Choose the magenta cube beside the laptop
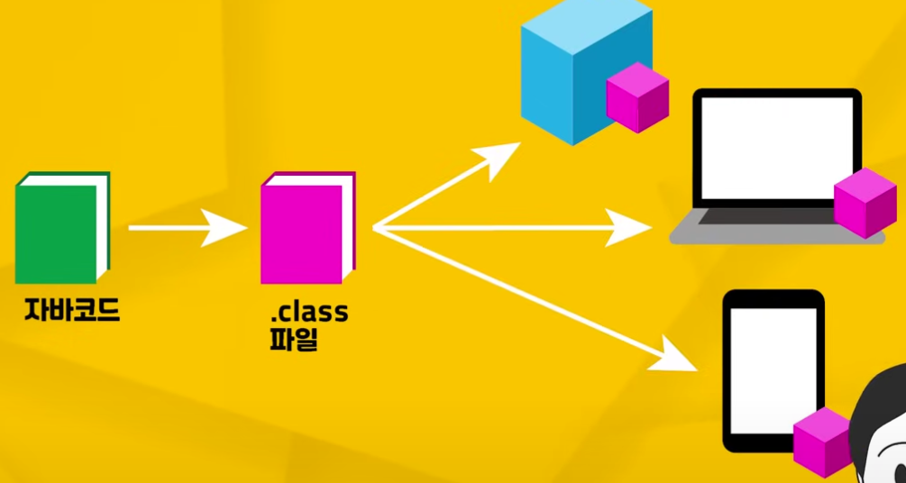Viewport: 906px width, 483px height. pos(865,203)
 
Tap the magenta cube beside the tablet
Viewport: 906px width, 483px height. pos(821,442)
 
